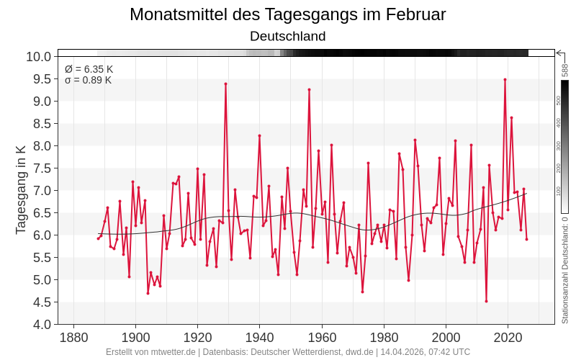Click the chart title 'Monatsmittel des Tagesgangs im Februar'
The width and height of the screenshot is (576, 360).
click(287, 14)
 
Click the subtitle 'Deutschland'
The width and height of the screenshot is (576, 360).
click(287, 36)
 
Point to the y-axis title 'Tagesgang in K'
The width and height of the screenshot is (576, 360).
click(21, 189)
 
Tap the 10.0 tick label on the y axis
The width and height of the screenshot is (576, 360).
click(38, 57)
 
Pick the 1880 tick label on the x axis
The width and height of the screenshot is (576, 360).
click(73, 338)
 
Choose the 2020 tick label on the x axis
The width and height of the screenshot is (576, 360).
click(508, 338)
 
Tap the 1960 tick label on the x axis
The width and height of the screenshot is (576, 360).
click(322, 338)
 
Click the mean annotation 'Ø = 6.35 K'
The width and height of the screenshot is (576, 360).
click(89, 69)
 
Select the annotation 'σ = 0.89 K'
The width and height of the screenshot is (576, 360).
click(88, 80)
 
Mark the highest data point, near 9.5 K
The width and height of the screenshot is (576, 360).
click(505, 79)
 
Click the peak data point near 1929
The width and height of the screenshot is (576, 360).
click(225, 84)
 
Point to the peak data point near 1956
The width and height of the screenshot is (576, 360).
click(309, 89)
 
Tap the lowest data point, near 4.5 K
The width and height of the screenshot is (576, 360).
click(486, 301)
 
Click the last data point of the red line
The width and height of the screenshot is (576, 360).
click(526, 239)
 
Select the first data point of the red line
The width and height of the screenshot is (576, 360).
click(98, 238)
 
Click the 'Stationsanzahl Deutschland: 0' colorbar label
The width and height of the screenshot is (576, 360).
click(565, 270)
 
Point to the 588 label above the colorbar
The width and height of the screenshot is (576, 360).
click(565, 70)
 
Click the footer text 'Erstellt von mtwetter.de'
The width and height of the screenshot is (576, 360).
click(150, 352)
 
